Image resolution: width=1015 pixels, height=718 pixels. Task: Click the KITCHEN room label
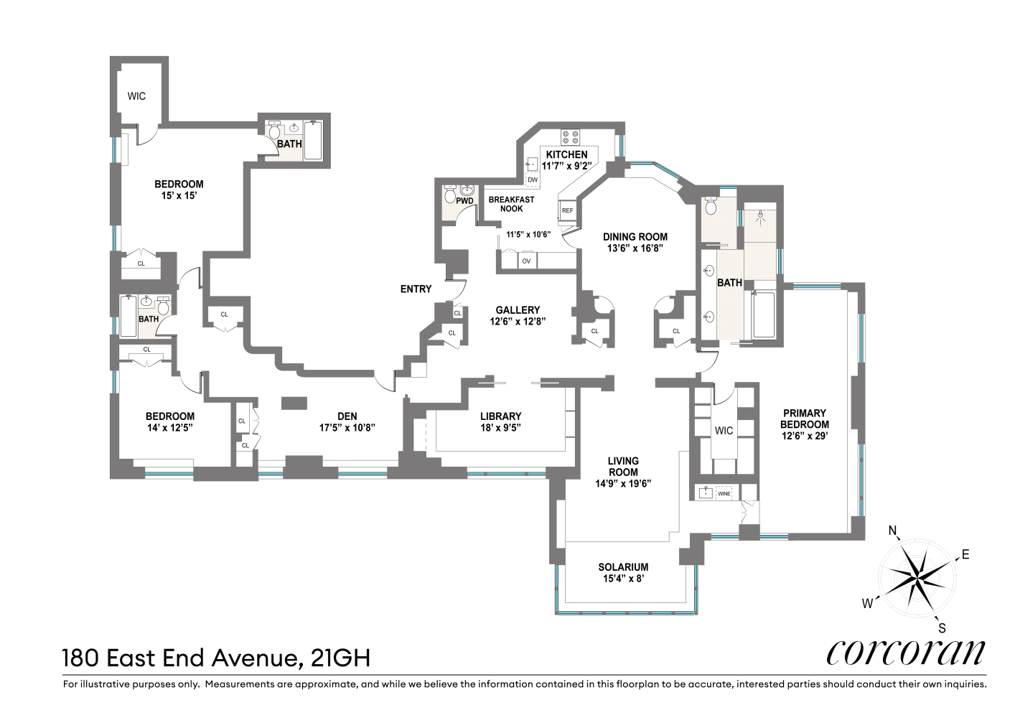pyautogui.click(x=566, y=154)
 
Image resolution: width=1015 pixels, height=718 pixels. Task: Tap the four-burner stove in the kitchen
pyautogui.click(x=571, y=136)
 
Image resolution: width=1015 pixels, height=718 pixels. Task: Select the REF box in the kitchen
pyautogui.click(x=567, y=210)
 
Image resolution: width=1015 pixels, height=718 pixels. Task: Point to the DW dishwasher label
pyautogui.click(x=533, y=179)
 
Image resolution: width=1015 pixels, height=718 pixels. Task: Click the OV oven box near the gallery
pyautogui.click(x=526, y=261)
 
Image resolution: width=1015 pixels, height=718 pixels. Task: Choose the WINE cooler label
pyautogui.click(x=724, y=493)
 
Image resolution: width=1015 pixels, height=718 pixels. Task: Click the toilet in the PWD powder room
pyautogui.click(x=451, y=195)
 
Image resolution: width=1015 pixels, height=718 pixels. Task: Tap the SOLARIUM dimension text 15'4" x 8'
pyautogui.click(x=623, y=578)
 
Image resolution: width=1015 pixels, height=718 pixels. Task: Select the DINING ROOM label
pyautogui.click(x=635, y=237)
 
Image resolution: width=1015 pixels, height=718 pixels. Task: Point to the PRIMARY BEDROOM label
pyautogui.click(x=805, y=419)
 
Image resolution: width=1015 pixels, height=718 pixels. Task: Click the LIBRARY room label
pyautogui.click(x=500, y=416)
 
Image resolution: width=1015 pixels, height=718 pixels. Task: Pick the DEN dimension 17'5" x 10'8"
pyautogui.click(x=347, y=427)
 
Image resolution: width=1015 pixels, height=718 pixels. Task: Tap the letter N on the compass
pyautogui.click(x=893, y=531)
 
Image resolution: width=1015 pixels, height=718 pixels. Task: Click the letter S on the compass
pyautogui.click(x=942, y=628)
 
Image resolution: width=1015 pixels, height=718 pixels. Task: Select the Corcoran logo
pyautogui.click(x=906, y=652)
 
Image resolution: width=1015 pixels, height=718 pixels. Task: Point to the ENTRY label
pyautogui.click(x=416, y=289)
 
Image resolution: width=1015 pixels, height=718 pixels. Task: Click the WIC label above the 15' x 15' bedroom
pyautogui.click(x=136, y=95)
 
